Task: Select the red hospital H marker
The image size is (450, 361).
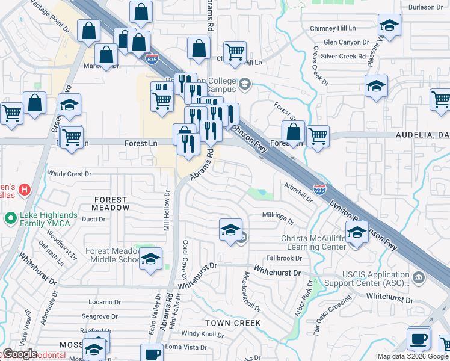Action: [24, 190]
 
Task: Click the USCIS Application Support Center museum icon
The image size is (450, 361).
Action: [419, 277]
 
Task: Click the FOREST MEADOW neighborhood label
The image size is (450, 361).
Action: [111, 203]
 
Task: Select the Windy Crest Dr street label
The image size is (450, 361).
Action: [69, 174]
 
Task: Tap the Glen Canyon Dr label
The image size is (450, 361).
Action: [346, 42]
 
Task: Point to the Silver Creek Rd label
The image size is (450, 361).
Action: [344, 56]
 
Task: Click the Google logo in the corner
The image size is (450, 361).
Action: [19, 354]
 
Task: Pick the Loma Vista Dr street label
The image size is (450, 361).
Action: [186, 347]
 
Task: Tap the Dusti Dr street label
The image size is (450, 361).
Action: [93, 220]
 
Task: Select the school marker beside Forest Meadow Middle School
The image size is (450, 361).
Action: [150, 259]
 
